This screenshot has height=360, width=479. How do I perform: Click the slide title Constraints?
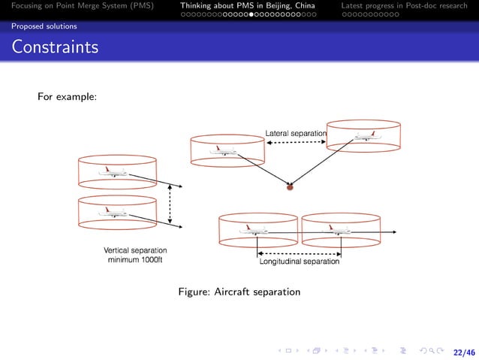coord(55,48)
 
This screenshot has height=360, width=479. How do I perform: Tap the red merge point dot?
coord(290,188)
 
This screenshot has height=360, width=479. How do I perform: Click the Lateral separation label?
coord(296,134)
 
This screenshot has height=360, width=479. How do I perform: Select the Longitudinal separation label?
coord(300,262)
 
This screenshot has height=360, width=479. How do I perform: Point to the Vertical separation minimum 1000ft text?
coord(135,255)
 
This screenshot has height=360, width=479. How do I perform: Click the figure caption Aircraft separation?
coord(239,292)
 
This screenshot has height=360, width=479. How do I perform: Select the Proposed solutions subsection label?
coord(44,26)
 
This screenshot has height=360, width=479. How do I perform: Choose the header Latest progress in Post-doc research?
coord(404,6)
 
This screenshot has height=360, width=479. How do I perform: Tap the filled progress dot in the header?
coord(252,14)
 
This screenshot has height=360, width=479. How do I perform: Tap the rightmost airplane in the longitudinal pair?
coord(338,230)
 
